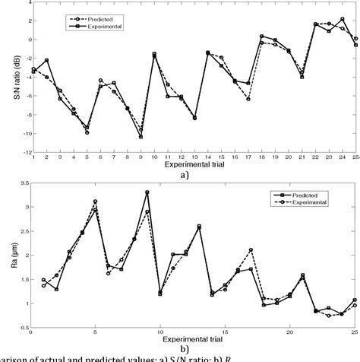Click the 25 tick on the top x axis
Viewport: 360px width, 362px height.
[355, 157]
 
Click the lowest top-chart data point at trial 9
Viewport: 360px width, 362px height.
[141, 137]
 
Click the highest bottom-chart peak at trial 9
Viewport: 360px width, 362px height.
[147, 192]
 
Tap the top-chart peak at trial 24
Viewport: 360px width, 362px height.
[343, 19]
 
